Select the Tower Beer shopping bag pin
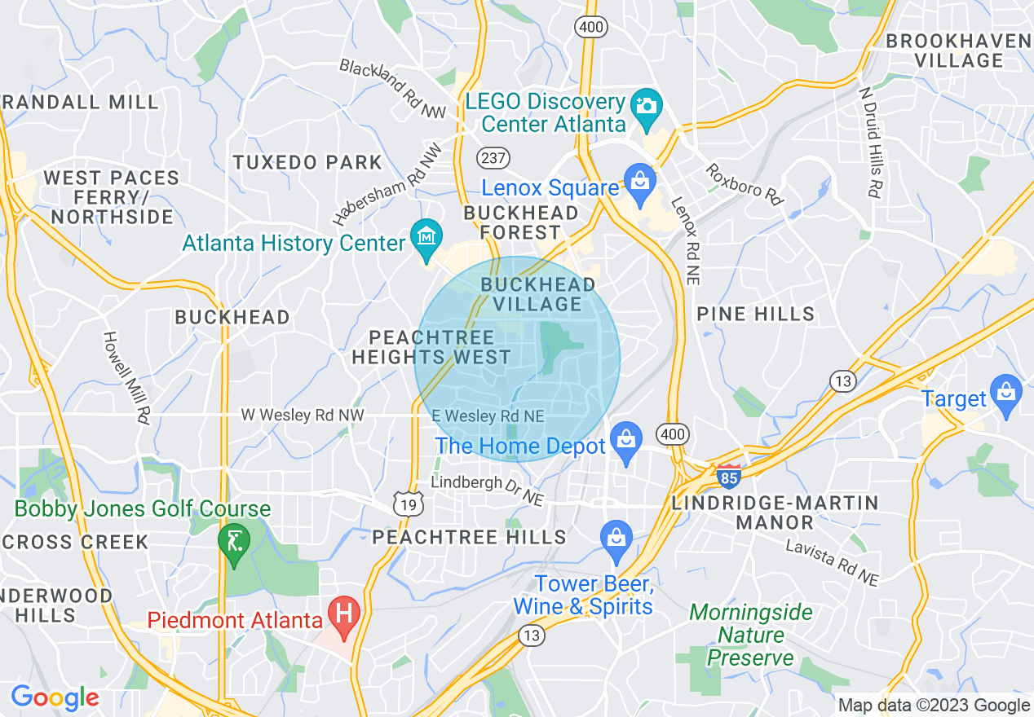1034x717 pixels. pos(616,539)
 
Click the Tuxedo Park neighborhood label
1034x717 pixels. pos(307,162)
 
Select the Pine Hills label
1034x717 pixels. pos(755,314)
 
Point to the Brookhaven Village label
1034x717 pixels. pos(958,51)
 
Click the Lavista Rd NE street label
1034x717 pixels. pos(832,562)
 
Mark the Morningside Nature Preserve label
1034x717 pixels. pos(751,635)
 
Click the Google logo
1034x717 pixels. pos(55,698)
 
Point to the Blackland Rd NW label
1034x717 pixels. pos(393,89)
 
